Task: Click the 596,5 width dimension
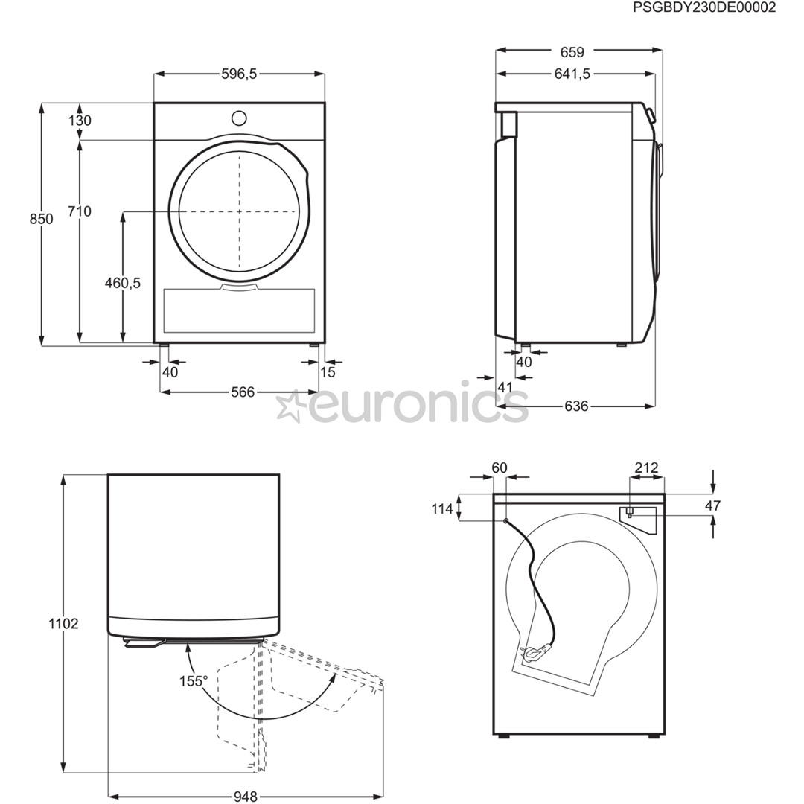239,74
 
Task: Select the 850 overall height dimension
41,219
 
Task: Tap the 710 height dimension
79,211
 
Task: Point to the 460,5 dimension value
123,283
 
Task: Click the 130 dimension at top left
79,121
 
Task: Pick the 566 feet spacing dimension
242,392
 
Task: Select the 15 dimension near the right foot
328,372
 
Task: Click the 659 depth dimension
572,52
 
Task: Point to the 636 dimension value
575,406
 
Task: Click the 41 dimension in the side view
505,387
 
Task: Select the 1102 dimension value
63,624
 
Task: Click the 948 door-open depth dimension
244,797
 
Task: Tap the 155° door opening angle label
193,680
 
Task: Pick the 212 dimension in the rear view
645,468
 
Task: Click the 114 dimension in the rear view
442,509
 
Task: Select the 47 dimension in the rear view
712,506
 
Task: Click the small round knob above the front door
239,118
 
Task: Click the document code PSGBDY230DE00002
704,7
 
